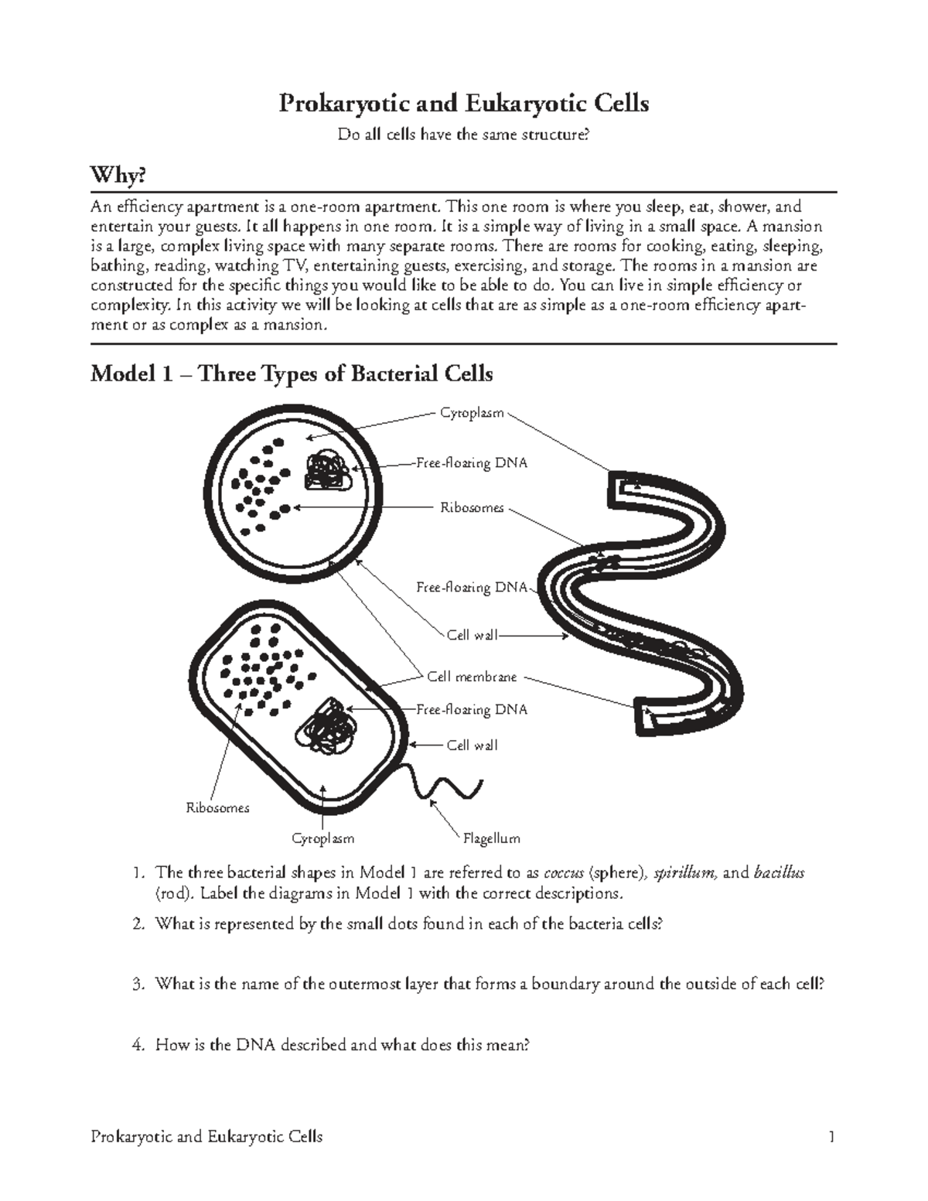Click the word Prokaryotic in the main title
click(342, 104)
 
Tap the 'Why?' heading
click(118, 176)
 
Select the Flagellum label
click(491, 838)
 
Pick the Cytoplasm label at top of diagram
click(472, 413)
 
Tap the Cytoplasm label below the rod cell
click(322, 838)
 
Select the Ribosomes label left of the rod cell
click(217, 808)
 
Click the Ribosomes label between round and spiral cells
click(472, 508)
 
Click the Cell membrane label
click(472, 677)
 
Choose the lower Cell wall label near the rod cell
click(472, 746)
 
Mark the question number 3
click(137, 984)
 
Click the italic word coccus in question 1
click(564, 873)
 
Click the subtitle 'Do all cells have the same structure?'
click(463, 135)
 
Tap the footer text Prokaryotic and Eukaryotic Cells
click(206, 1137)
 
